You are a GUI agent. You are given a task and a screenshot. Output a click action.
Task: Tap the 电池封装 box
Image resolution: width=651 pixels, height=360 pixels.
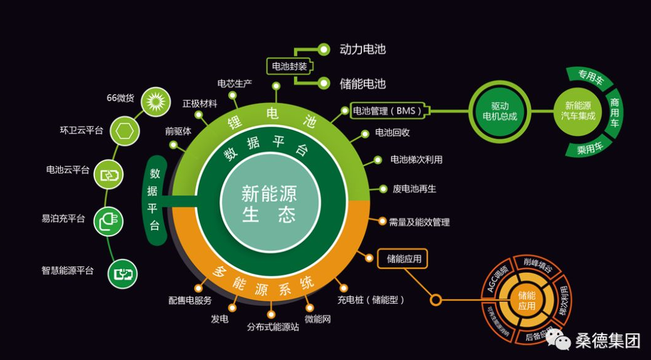(x=289, y=66)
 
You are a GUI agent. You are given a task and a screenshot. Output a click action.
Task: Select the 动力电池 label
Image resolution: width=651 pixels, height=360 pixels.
(x=362, y=49)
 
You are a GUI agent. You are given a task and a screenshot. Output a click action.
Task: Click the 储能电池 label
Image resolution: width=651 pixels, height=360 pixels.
(x=362, y=83)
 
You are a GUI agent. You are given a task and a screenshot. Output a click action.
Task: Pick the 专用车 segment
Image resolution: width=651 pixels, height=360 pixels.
(x=591, y=78)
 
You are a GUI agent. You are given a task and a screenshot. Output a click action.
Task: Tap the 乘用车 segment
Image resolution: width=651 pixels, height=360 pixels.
(x=591, y=148)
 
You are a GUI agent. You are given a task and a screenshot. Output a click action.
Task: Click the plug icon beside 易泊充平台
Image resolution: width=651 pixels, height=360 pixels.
(x=108, y=220)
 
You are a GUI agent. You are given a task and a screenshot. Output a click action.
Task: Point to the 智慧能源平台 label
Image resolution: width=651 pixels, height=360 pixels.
(x=68, y=270)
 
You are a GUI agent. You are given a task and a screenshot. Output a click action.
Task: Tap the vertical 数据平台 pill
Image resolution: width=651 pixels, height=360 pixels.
(x=155, y=199)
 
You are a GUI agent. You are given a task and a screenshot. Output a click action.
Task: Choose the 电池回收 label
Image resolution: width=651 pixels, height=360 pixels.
(x=393, y=133)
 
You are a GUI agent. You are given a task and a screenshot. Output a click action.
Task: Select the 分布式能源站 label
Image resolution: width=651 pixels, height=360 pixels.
(x=273, y=326)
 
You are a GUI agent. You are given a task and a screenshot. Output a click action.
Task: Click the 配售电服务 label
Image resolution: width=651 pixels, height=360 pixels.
(x=190, y=300)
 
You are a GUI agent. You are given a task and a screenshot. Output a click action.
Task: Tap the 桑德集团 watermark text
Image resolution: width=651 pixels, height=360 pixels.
(x=608, y=340)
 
